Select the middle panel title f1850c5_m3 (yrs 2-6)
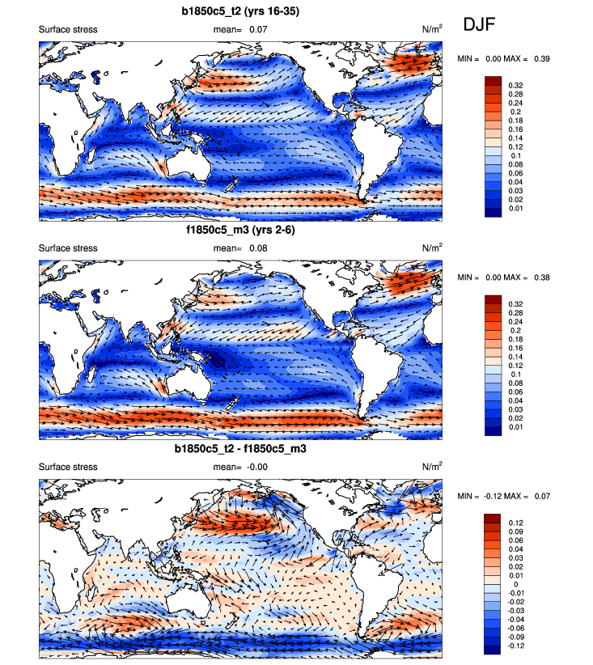click(x=240, y=231)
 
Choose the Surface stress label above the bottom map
click(x=68, y=467)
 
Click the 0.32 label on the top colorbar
click(x=515, y=84)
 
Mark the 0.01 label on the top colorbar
click(x=515, y=209)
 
